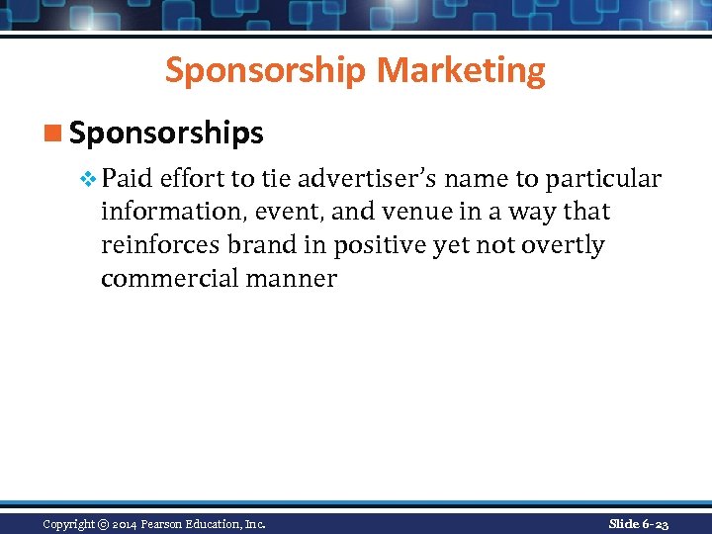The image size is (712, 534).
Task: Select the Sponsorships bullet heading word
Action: point(166,133)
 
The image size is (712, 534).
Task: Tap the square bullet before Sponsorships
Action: point(56,133)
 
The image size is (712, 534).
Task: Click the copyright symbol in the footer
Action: point(103,524)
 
